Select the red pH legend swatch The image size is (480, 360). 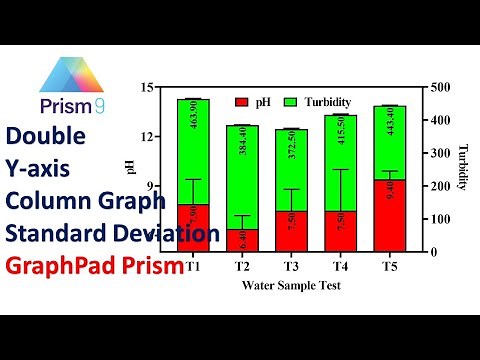241,102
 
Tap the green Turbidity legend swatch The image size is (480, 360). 291,102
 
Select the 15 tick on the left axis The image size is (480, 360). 148,87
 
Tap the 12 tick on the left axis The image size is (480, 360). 148,136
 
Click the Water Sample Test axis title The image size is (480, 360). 289,285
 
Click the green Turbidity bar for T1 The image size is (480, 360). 193,150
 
